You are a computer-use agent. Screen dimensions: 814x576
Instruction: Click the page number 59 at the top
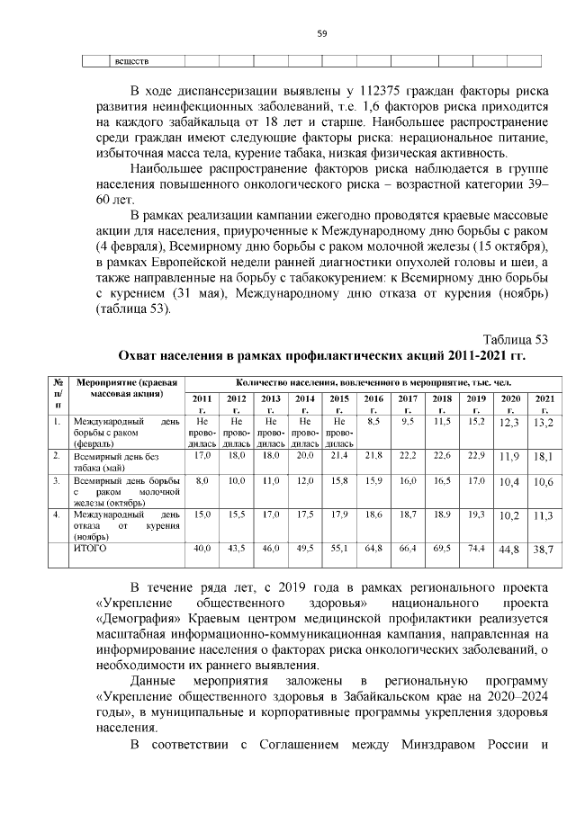[x=321, y=34]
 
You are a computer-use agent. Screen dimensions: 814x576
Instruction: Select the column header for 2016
[x=373, y=403]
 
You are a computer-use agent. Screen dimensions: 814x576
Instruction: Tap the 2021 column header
[x=544, y=403]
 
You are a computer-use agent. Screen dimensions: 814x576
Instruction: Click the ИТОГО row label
[x=90, y=548]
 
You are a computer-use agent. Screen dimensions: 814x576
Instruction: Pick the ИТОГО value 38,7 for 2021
[x=544, y=549]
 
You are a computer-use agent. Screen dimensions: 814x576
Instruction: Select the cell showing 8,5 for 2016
[x=373, y=420]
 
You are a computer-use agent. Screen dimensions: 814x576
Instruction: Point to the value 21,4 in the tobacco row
[x=339, y=457]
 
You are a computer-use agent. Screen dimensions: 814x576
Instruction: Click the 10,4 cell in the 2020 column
[x=509, y=484]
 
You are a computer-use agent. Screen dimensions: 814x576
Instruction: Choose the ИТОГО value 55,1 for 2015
[x=339, y=548]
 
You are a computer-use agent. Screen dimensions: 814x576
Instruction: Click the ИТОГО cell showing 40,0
[x=202, y=548]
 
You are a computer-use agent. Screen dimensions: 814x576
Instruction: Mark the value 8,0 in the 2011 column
[x=202, y=482]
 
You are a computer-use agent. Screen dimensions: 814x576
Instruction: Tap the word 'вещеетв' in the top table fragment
[x=130, y=61]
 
